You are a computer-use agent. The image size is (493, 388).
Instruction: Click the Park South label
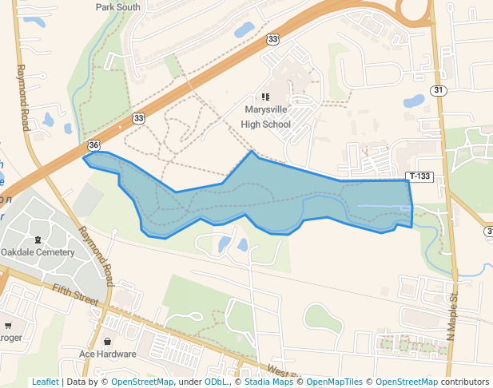[x=117, y=7]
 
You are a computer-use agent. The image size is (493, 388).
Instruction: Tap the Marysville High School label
[x=266, y=118]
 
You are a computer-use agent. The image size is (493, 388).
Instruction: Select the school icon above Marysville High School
[x=266, y=97]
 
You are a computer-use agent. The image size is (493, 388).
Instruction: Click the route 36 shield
[x=94, y=145]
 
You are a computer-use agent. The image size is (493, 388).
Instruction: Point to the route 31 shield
[x=438, y=90]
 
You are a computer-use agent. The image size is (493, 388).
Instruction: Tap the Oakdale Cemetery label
[x=38, y=252]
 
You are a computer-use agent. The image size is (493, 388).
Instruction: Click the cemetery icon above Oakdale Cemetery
[x=38, y=240]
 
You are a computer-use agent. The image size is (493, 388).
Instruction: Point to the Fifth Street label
[x=74, y=295]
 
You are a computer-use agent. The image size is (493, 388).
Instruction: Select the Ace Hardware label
[x=107, y=354]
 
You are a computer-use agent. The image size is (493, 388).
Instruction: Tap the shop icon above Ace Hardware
[x=107, y=341]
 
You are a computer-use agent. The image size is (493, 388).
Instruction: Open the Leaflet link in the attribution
[x=45, y=382]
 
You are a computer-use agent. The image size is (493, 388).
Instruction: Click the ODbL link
[x=215, y=382]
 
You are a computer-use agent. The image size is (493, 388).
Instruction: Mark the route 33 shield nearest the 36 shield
[x=139, y=118]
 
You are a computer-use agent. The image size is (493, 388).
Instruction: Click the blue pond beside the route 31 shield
[x=414, y=101]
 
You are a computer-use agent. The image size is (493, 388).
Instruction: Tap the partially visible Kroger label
[x=11, y=338]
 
